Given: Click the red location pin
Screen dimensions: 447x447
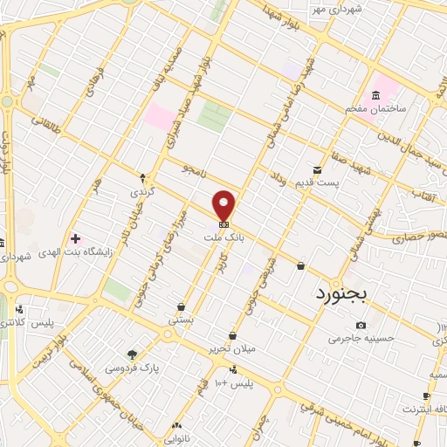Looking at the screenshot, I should (x=224, y=205).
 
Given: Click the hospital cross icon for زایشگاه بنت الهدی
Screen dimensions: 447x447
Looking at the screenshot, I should (x=75, y=238).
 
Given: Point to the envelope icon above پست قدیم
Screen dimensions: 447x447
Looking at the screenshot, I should (x=317, y=169).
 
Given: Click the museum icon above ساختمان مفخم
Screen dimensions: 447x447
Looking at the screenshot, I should (x=375, y=94).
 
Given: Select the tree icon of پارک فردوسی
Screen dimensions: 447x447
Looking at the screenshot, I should (x=132, y=354).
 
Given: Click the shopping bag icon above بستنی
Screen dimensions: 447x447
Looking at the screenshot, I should (x=181, y=307).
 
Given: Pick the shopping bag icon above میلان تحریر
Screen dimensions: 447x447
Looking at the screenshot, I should (x=232, y=336).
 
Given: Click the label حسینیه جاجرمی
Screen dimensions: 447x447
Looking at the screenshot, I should (x=361, y=339).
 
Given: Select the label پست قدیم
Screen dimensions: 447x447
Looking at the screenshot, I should (x=340, y=182).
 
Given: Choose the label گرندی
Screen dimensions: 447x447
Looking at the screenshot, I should (x=141, y=189).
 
